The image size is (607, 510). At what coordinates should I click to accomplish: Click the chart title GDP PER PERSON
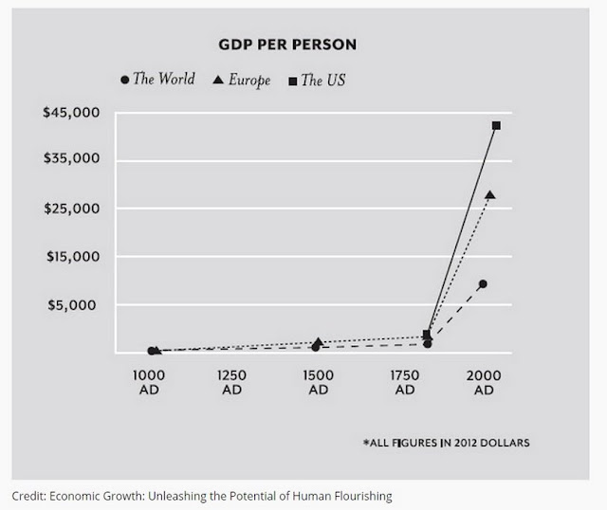tap(287, 45)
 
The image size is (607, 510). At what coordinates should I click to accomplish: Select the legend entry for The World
tap(158, 80)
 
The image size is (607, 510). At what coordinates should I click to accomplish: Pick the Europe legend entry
tap(242, 80)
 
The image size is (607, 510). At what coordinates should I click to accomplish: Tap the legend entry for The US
tap(317, 80)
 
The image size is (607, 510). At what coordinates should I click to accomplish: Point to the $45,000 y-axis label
tap(71, 113)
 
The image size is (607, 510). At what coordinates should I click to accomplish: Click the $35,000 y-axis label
tap(72, 158)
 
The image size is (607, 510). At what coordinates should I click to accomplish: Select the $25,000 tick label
tap(72, 209)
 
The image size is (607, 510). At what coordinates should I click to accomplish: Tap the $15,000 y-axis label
tap(73, 257)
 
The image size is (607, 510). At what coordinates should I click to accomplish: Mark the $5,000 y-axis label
tap(72, 305)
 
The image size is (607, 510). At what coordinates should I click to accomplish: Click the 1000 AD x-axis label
tap(149, 382)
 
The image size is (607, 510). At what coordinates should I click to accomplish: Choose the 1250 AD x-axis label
tap(231, 382)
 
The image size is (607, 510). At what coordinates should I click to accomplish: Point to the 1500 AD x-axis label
tap(319, 382)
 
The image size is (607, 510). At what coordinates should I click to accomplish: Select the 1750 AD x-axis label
tap(405, 382)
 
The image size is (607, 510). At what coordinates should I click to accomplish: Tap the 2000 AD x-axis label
tap(484, 382)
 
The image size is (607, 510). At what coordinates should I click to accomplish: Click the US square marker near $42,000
tap(496, 126)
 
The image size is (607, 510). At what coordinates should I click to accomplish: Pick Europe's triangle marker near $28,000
tap(490, 195)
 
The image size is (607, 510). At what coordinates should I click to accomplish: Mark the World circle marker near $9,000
tap(483, 284)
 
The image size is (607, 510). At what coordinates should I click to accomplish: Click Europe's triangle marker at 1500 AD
tap(319, 341)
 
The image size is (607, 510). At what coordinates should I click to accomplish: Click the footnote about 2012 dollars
tap(446, 443)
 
